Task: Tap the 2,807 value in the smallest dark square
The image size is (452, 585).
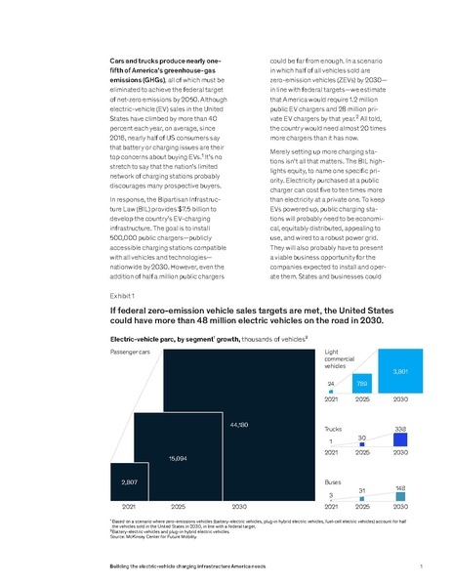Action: (129, 483)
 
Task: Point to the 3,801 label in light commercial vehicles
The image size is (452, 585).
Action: (399, 371)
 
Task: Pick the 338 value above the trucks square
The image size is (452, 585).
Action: (399, 428)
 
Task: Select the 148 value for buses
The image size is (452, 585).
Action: (400, 486)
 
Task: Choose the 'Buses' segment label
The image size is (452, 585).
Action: (334, 481)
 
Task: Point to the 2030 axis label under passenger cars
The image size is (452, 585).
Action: (238, 508)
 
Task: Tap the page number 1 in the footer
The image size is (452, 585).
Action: (419, 566)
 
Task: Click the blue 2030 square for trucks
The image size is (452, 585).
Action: (399, 440)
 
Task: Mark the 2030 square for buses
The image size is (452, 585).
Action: (400, 497)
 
